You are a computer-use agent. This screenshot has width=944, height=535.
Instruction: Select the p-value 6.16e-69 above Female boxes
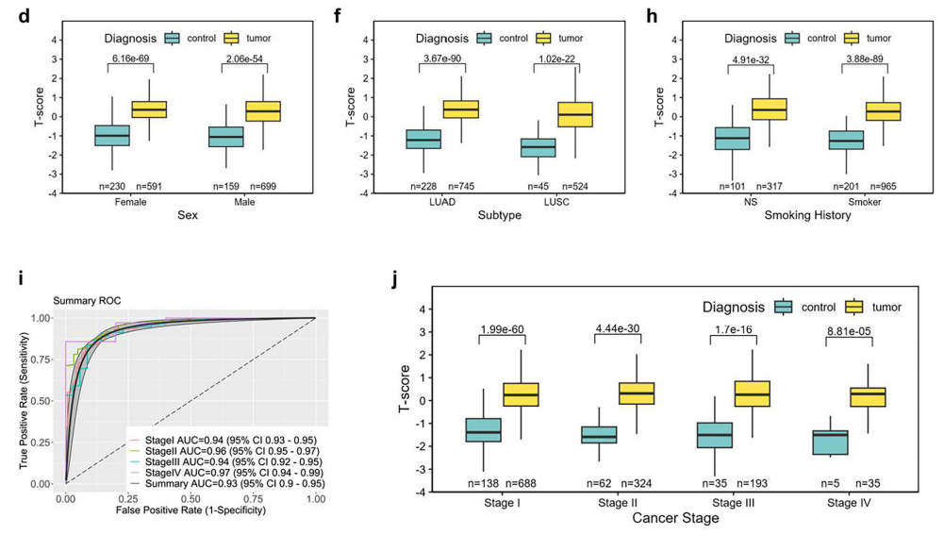(131, 59)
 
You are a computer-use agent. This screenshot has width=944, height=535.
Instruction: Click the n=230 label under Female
(111, 185)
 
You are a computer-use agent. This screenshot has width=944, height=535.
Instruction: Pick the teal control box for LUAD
(423, 140)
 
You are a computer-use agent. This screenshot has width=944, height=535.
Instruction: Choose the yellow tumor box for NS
(769, 109)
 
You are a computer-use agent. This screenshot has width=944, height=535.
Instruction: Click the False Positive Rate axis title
(190, 510)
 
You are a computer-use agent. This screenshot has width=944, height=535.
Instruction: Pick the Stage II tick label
(618, 502)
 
